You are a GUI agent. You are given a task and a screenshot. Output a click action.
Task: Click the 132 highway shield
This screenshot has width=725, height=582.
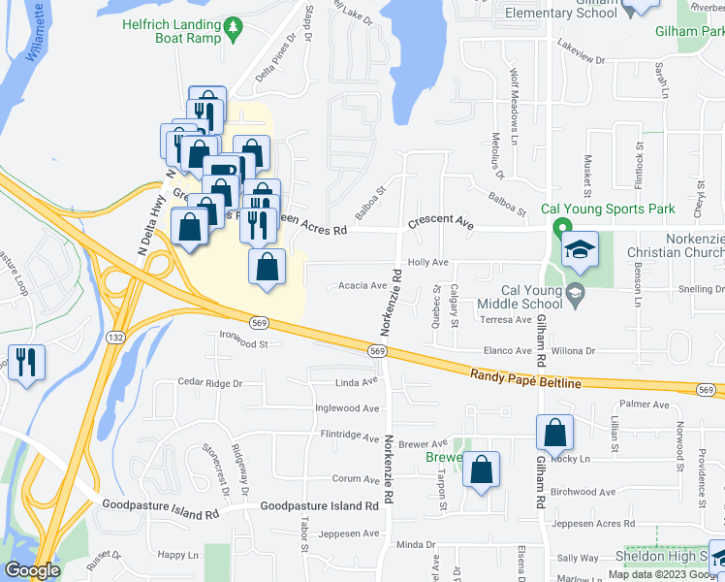114,337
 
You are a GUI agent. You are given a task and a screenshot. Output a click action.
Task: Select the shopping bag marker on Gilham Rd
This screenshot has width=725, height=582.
554,436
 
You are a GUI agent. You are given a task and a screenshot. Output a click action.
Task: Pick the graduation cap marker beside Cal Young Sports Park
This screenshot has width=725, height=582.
580,252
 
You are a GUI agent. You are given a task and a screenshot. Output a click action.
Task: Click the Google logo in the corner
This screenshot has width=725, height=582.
31,570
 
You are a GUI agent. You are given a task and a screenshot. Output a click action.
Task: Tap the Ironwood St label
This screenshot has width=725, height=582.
243,342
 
